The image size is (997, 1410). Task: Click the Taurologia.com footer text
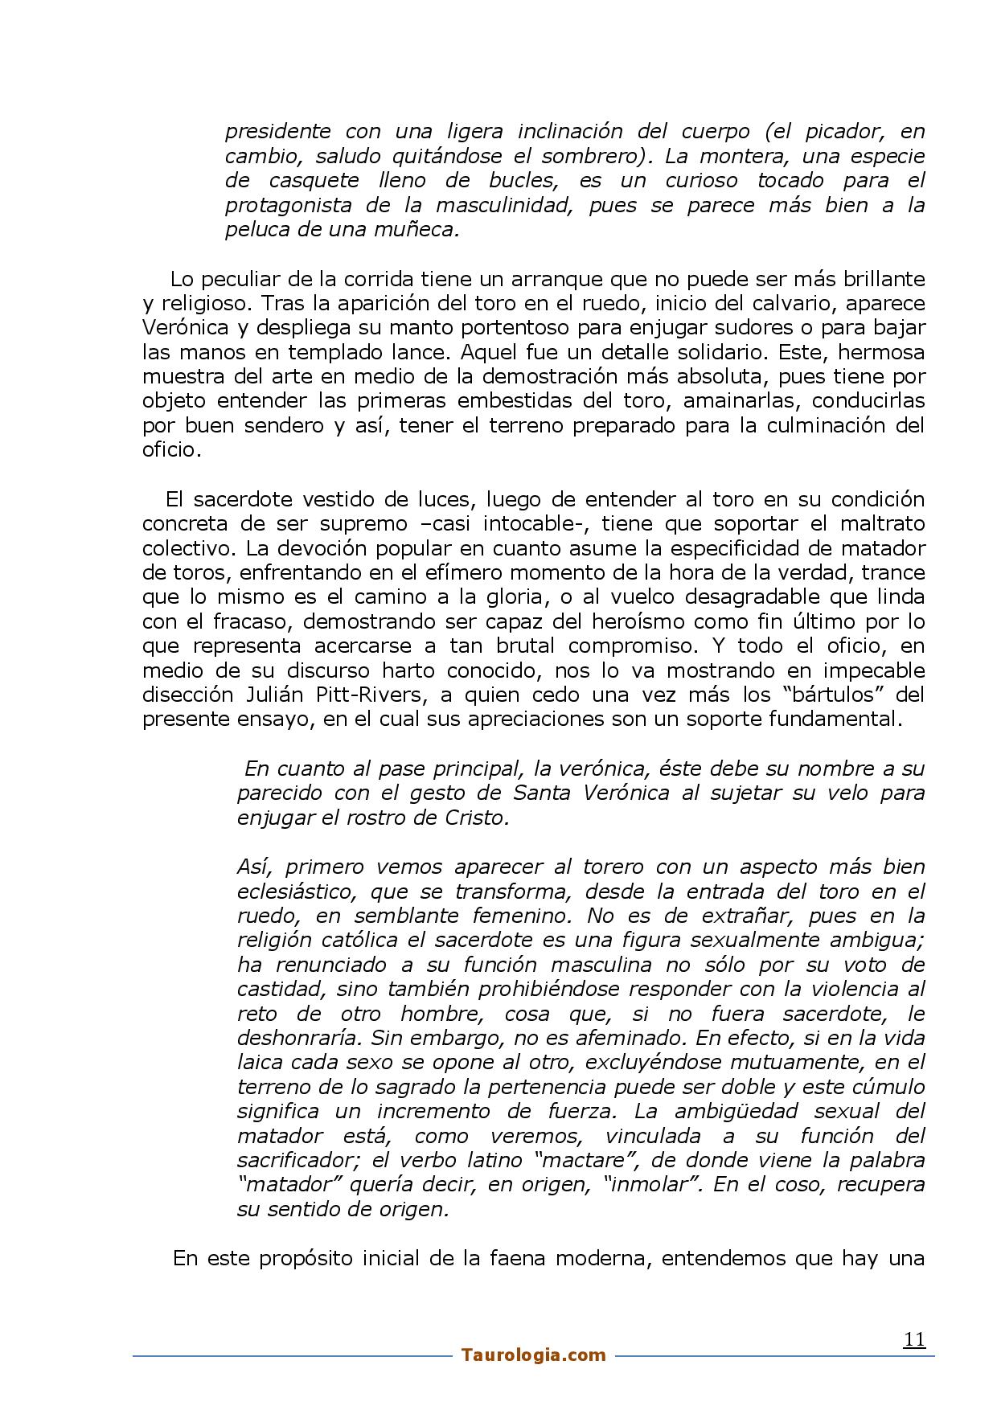[x=534, y=1355]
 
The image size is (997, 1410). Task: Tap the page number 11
[x=914, y=1339]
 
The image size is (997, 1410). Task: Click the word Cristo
[x=477, y=818]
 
